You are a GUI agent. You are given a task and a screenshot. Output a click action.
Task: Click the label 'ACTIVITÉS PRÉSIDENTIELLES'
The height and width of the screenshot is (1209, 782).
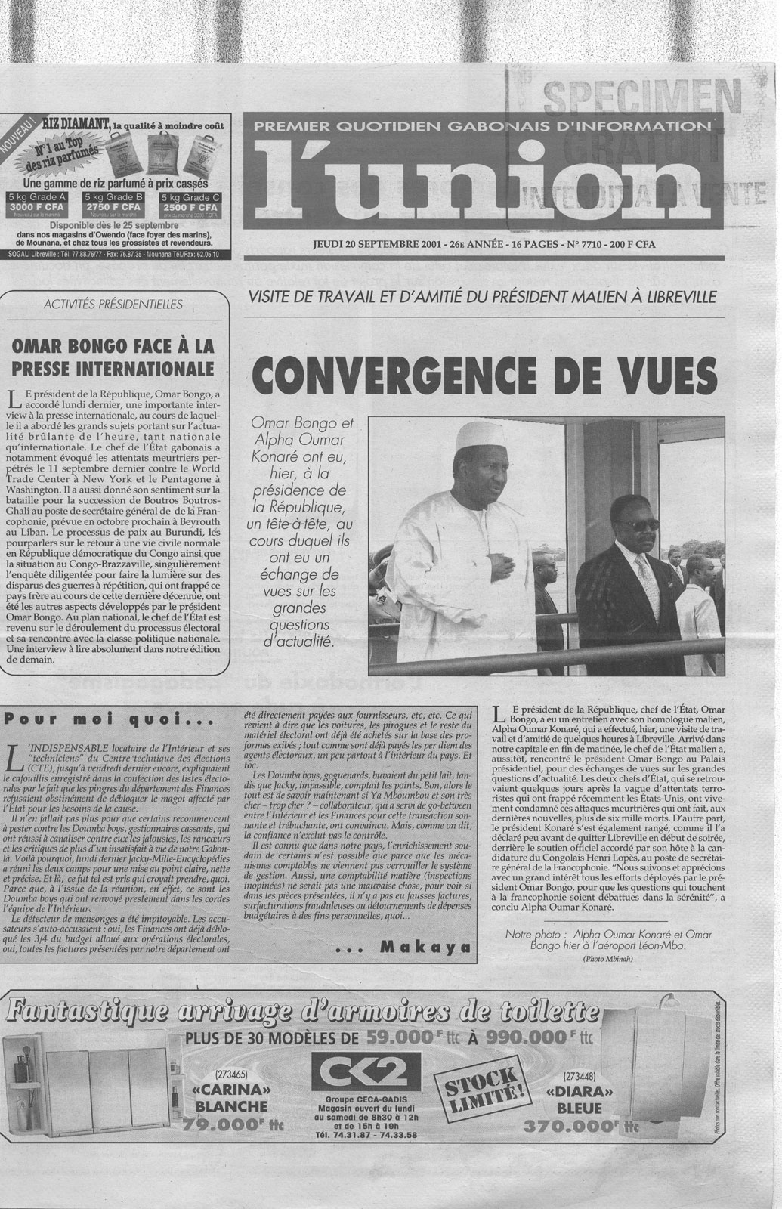(x=114, y=305)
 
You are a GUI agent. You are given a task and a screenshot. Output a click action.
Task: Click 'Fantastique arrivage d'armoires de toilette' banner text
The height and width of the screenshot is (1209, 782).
(x=302, y=1010)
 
